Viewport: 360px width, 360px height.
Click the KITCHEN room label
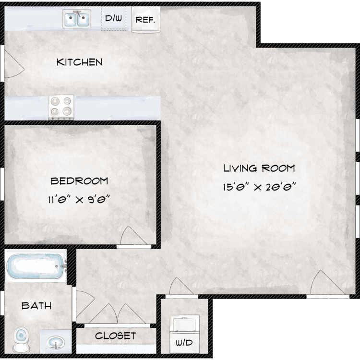[x=79, y=62]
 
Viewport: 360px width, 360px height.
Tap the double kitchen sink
[x=77, y=19]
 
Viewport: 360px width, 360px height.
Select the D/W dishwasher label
[x=113, y=18]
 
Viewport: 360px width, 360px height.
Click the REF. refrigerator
[x=146, y=20]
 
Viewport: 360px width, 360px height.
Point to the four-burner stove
[x=61, y=107]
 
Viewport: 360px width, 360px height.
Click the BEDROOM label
[x=79, y=181]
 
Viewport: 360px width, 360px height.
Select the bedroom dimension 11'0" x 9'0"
[x=79, y=199]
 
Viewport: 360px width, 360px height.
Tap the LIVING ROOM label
[x=259, y=168]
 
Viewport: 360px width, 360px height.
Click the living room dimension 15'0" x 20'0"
[x=259, y=187]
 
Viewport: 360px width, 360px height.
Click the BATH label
[x=36, y=306]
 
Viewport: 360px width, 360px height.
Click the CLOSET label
[x=116, y=336]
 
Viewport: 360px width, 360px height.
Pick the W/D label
[x=184, y=343]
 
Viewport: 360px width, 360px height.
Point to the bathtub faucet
[x=63, y=266]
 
